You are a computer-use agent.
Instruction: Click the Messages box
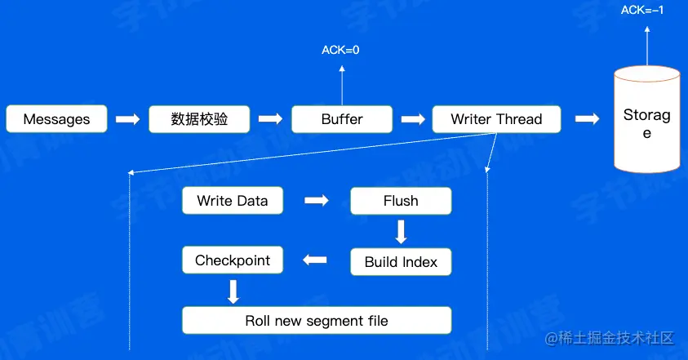click(56, 119)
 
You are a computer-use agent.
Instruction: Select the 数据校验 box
click(199, 119)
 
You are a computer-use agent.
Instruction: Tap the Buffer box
click(342, 119)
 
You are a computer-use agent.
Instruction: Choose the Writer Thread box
click(496, 119)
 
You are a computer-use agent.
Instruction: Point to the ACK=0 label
click(341, 50)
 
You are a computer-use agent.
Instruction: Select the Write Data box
click(233, 201)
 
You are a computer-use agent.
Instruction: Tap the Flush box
click(401, 201)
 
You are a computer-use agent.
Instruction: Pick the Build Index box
click(401, 262)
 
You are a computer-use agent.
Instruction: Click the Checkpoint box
click(233, 261)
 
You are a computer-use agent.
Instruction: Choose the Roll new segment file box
click(317, 321)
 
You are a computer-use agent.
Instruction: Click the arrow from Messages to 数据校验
click(127, 119)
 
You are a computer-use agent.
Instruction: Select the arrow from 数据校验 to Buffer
click(270, 119)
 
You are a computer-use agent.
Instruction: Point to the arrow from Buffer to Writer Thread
click(413, 119)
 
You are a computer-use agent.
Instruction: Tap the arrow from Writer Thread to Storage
click(588, 119)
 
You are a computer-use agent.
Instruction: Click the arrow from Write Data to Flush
click(316, 201)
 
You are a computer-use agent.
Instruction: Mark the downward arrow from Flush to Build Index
click(401, 232)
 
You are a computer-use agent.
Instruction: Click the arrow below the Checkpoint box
click(233, 291)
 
